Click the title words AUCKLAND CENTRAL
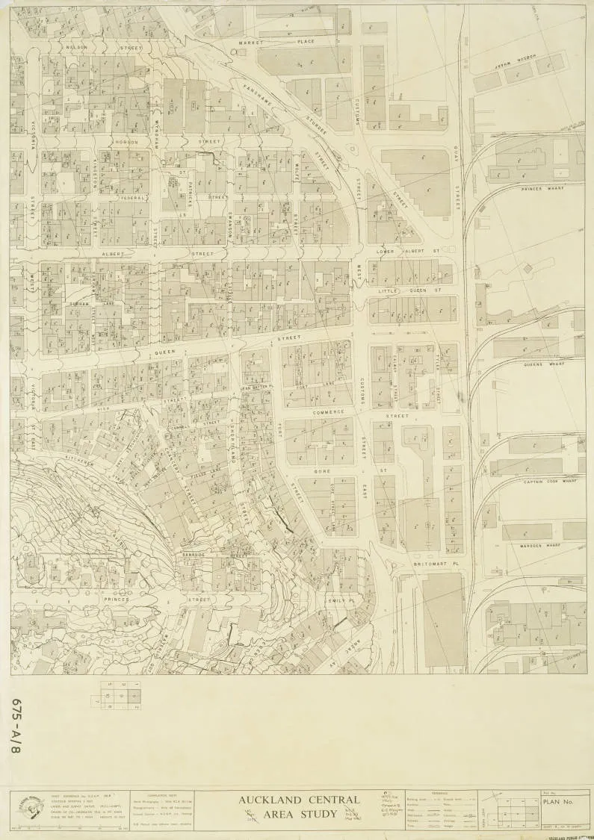click(x=299, y=800)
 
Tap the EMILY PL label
click(x=339, y=600)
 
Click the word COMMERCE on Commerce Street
click(x=329, y=412)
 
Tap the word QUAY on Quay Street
click(x=456, y=158)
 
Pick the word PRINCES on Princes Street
click(x=117, y=599)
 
